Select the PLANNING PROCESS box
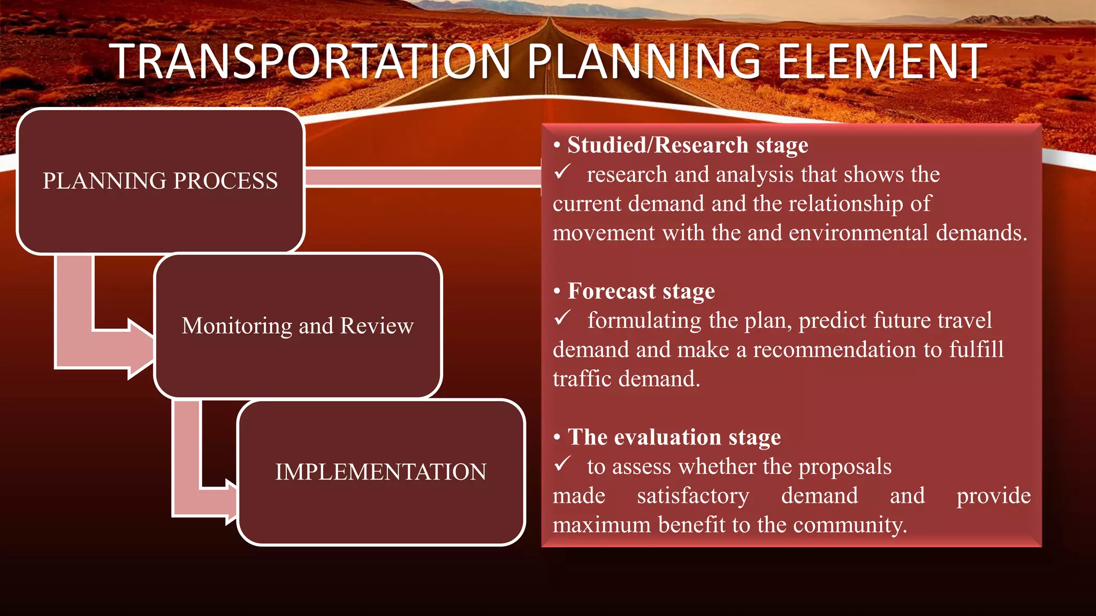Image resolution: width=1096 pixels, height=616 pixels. coord(161,181)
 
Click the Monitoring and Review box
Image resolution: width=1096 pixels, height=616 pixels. coord(298,326)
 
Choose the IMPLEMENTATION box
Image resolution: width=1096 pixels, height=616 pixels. coord(380,472)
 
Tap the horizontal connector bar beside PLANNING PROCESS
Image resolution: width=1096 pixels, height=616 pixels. coord(423,177)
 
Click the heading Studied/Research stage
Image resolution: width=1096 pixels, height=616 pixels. coord(687,145)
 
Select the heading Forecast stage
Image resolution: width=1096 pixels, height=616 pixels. coord(641,291)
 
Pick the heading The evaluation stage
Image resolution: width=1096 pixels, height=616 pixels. coord(674,437)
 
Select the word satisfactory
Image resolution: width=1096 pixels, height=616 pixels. coord(693,496)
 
